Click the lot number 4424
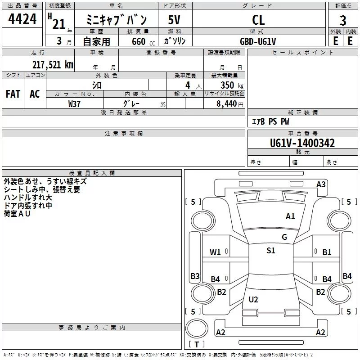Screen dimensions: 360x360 (22, 19)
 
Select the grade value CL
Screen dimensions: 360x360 (258, 20)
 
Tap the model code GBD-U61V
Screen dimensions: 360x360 (258, 41)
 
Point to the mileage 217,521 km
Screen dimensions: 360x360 (53, 65)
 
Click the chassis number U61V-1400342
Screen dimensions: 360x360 (302, 143)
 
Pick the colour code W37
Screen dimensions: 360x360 (74, 104)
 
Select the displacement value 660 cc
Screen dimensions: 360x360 (143, 41)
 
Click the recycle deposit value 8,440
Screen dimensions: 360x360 (227, 104)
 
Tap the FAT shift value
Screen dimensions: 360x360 (13, 94)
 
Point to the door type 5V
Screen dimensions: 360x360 (174, 20)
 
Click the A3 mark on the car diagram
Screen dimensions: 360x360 (321, 184)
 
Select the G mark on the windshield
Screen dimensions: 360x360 (284, 237)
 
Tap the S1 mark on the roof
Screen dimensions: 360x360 (271, 250)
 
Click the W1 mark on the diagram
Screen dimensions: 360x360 (215, 252)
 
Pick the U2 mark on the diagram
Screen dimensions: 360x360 (253, 299)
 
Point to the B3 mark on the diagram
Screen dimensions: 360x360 (195, 276)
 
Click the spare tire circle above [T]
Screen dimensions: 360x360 (197, 328)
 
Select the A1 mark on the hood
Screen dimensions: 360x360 (290, 216)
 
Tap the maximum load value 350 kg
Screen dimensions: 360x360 (232, 85)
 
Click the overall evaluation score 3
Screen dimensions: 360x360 (343, 21)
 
